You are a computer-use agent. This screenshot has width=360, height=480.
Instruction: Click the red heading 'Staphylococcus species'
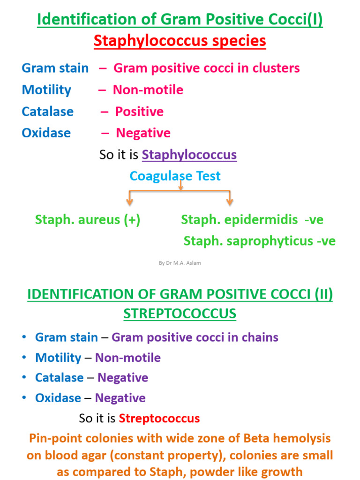pos(180,41)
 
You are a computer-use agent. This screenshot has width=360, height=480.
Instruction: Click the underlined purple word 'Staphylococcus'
pos(189,155)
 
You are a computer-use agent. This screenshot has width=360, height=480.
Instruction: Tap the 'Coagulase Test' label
pos(175,176)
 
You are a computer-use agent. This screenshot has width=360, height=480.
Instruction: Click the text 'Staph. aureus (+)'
pos(88,220)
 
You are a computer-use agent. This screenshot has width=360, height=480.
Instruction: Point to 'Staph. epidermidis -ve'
pos(252,220)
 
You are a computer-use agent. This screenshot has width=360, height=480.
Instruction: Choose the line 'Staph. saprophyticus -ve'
pos(260,241)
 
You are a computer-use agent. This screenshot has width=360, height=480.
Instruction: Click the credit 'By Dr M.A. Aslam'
pos(180,263)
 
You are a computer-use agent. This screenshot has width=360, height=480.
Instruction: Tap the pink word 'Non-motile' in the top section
pos(148,90)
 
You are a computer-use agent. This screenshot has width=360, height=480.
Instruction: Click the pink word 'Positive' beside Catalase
pos(139,112)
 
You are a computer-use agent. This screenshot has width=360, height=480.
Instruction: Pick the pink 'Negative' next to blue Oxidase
pos(143,133)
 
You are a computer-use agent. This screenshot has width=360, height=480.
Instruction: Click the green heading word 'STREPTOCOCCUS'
pos(180,314)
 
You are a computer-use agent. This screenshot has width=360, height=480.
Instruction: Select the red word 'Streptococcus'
pos(159,418)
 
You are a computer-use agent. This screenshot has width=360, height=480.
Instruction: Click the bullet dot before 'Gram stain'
pos(24,337)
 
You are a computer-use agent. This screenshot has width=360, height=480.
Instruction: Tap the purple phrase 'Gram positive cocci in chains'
pos(195,337)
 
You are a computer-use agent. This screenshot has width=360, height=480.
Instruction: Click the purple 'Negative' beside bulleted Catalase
pos(123,378)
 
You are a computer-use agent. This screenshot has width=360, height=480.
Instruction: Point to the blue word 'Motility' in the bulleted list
pos(58,358)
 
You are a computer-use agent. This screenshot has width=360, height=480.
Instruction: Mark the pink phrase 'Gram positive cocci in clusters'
pos(207,68)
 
